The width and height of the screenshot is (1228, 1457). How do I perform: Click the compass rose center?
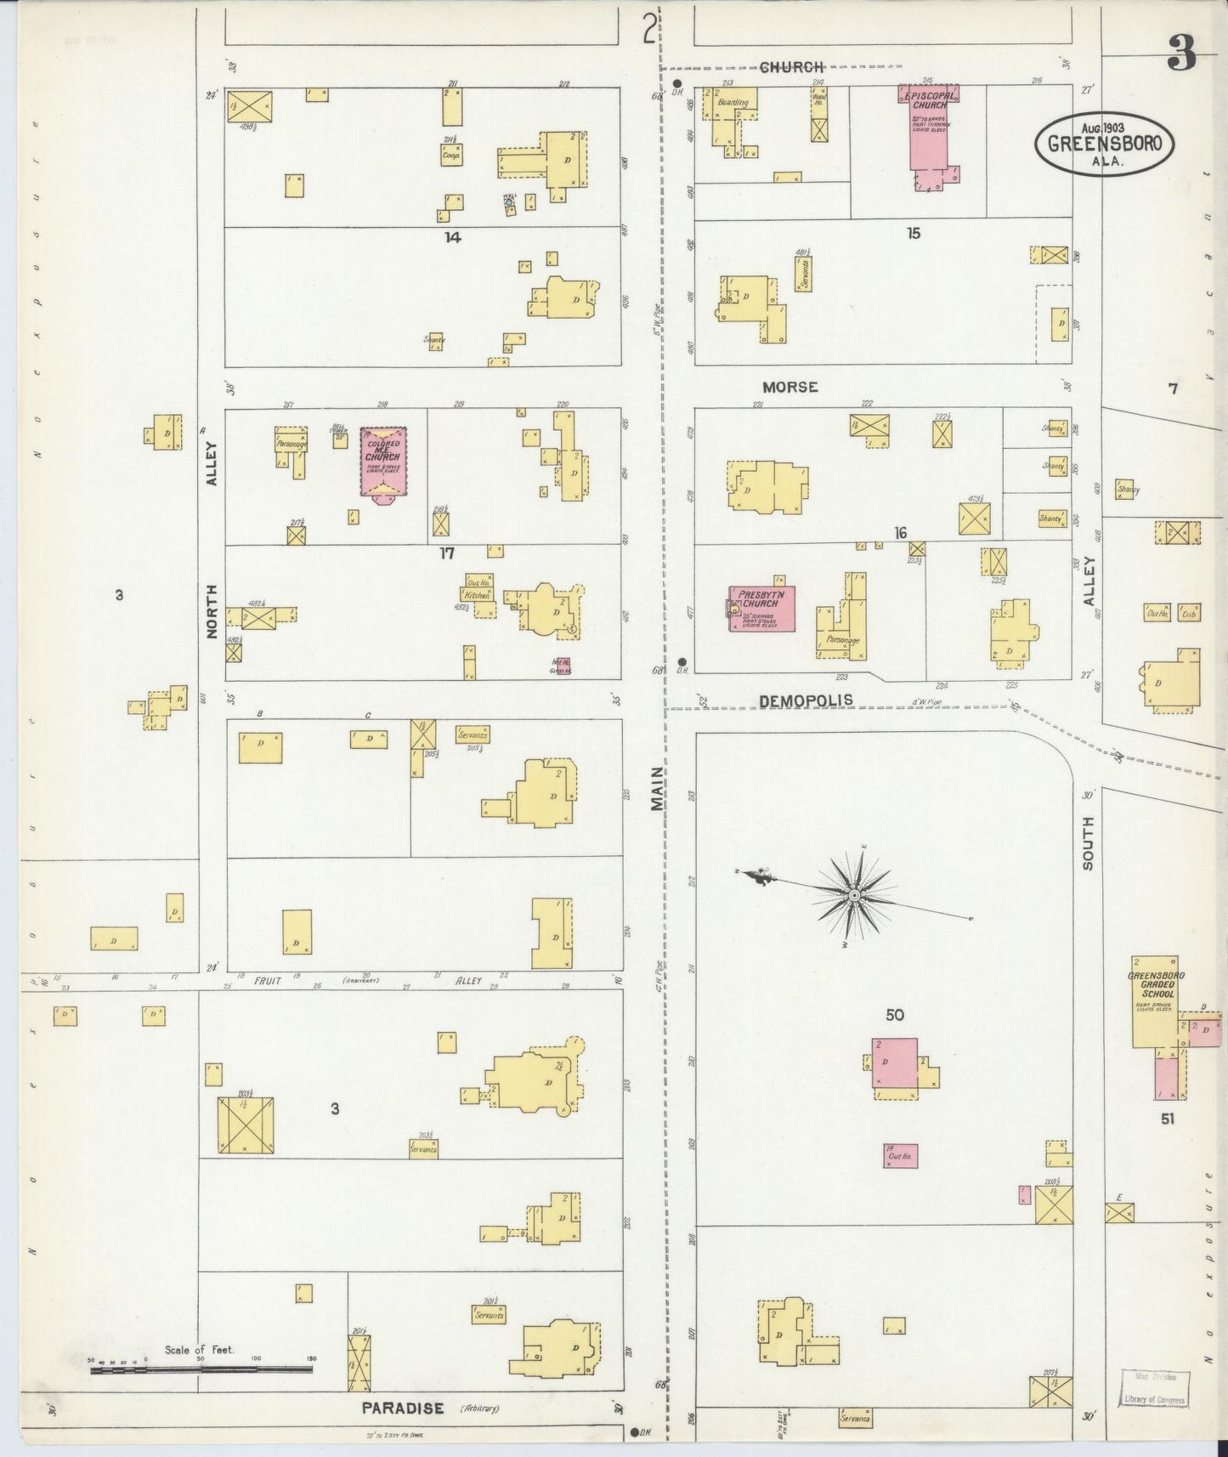point(853,895)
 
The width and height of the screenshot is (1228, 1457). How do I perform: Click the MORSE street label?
point(789,387)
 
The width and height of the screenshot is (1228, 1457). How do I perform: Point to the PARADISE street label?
point(403,1409)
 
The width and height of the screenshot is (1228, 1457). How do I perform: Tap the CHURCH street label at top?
point(792,66)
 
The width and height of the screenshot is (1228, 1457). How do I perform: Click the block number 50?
point(894,1014)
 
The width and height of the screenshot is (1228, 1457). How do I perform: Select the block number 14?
point(452,237)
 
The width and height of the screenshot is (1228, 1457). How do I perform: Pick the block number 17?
point(447,553)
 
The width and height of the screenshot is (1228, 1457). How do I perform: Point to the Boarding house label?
point(733,102)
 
